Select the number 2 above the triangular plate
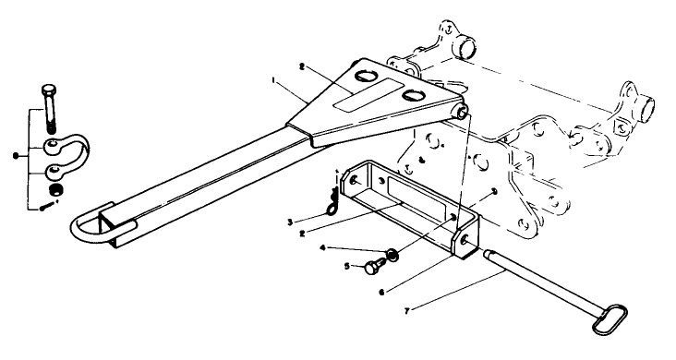click(301, 66)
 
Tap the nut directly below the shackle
click(54, 191)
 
